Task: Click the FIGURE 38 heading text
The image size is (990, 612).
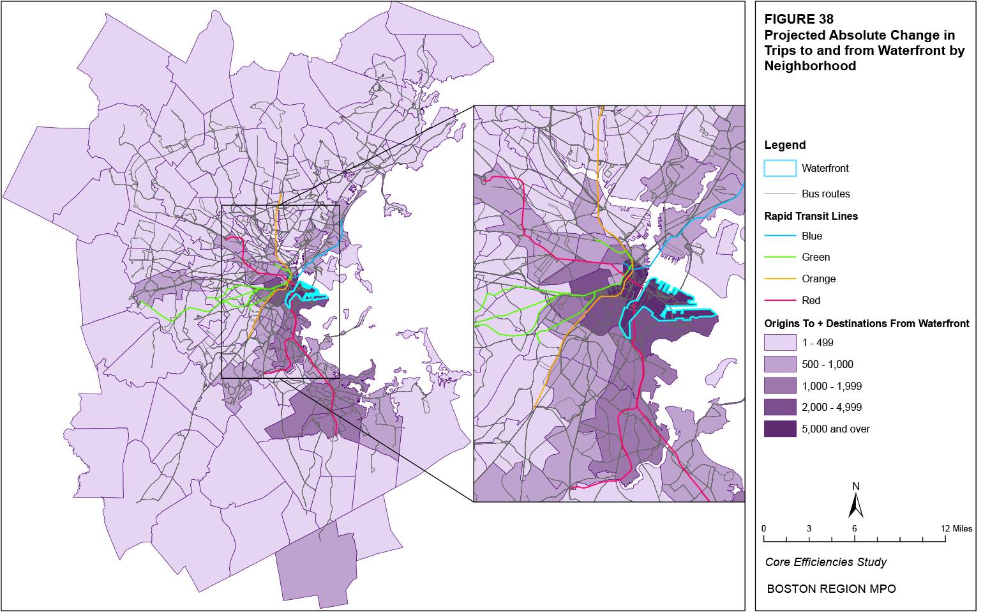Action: (799, 19)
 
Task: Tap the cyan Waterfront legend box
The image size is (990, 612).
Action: (780, 168)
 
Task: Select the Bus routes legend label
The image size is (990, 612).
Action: (825, 194)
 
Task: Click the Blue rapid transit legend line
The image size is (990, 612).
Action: (780, 236)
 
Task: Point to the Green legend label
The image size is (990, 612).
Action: (816, 257)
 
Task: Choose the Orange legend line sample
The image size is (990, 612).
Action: (780, 279)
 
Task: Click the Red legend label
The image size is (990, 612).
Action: (811, 300)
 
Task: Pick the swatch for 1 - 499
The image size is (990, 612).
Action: (780, 342)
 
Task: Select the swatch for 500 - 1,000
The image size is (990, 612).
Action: (780, 364)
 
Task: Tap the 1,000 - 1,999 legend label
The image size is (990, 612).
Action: (832, 386)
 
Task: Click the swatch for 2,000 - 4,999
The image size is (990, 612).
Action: (780, 407)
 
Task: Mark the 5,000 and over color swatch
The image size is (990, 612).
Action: (780, 429)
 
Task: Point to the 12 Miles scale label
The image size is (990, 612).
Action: (956, 528)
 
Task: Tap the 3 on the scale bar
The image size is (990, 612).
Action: (809, 528)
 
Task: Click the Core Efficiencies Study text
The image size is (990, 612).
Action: (825, 562)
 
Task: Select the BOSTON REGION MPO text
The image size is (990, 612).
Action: (831, 589)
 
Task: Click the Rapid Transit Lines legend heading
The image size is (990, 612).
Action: (811, 216)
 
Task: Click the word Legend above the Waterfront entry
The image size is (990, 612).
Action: (784, 145)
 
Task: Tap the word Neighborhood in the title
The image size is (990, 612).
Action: (810, 66)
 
